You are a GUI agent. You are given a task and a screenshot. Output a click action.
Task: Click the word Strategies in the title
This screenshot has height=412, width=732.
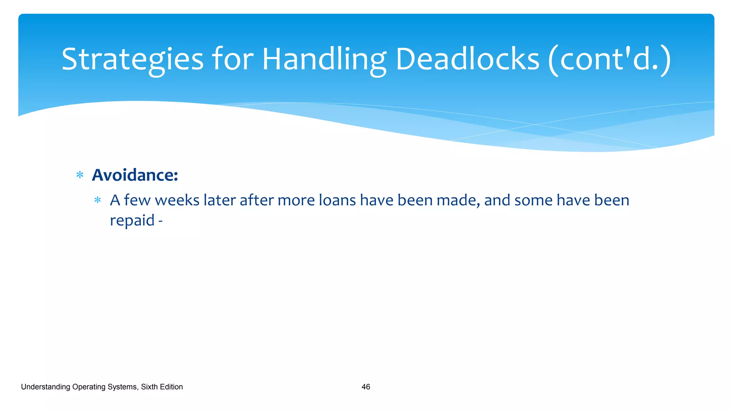click(x=132, y=59)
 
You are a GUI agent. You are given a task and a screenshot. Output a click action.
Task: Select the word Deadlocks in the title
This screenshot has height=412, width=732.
click(x=467, y=59)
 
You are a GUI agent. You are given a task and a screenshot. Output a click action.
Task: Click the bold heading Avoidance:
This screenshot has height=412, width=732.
click(x=135, y=175)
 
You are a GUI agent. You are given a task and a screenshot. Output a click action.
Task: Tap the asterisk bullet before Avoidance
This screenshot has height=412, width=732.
click(x=80, y=175)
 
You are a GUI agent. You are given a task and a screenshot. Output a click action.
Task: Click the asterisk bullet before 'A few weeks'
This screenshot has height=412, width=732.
click(x=98, y=200)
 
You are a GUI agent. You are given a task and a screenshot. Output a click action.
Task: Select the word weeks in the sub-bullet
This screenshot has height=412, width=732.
click(x=177, y=200)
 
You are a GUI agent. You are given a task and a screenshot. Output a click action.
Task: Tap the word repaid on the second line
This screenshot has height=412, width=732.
click(x=132, y=221)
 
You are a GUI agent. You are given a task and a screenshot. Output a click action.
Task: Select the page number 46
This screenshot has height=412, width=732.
click(x=366, y=387)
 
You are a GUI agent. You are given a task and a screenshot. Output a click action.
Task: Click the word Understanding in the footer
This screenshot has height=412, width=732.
click(x=45, y=387)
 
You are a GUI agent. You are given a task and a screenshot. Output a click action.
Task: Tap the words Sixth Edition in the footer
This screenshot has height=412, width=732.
click(x=162, y=387)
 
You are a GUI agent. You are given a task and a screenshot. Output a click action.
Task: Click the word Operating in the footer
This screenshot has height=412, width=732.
click(x=88, y=387)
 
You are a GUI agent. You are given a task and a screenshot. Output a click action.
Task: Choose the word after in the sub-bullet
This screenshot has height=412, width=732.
click(x=256, y=200)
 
